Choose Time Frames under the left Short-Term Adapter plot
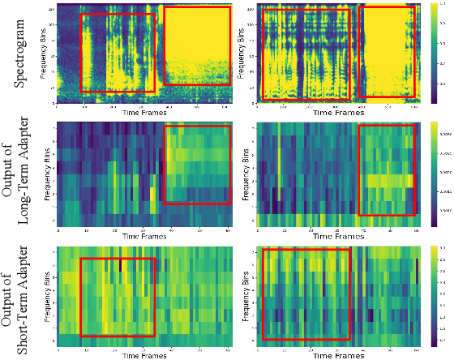tap(144, 355)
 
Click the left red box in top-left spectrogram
tap(118, 53)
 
